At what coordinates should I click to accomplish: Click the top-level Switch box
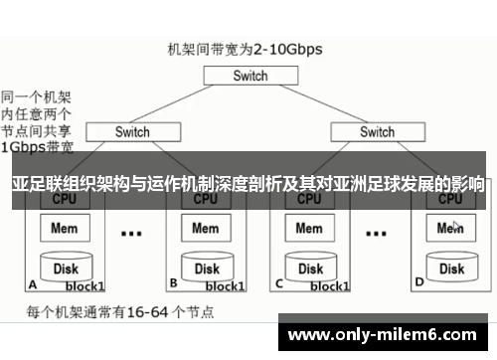pos(249,76)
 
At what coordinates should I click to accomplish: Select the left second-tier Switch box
pos(132,131)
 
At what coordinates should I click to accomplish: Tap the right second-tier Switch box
pos(377,131)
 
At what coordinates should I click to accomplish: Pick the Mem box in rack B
pos(206,229)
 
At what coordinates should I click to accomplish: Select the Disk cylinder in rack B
pos(206,267)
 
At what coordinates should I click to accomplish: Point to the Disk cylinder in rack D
pos(451,267)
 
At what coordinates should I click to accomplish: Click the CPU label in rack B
pos(206,199)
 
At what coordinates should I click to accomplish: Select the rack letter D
pos(418,282)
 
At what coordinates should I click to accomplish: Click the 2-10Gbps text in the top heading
pos(288,47)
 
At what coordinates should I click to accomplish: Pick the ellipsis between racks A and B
pos(130,235)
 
